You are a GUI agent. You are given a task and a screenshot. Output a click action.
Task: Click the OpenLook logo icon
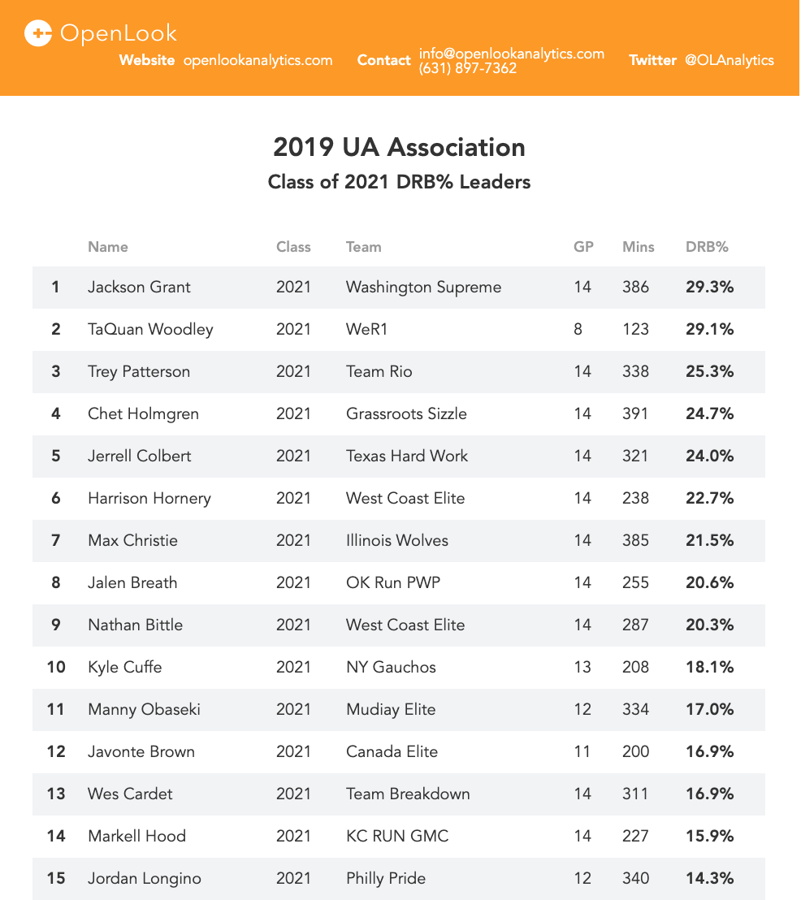(x=38, y=33)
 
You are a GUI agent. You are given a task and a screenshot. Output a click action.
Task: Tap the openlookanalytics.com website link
(x=258, y=60)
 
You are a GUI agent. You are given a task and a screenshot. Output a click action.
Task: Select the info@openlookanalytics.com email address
(x=512, y=54)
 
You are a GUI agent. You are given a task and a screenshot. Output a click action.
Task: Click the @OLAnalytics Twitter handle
(x=729, y=60)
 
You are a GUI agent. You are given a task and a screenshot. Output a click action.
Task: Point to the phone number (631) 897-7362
(x=468, y=69)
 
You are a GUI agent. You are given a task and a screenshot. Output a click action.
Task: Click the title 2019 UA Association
(x=399, y=148)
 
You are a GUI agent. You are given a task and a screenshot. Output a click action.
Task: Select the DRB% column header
(x=707, y=247)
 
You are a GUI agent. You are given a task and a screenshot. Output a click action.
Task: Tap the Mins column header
(x=638, y=247)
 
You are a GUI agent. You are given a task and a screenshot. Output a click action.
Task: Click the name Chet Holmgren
(x=143, y=413)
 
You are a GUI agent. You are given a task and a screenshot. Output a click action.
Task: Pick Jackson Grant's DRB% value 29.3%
(x=709, y=287)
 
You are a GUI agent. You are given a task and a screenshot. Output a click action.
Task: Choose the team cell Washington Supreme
(x=423, y=287)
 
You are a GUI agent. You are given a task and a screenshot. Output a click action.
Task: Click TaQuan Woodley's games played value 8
(x=578, y=329)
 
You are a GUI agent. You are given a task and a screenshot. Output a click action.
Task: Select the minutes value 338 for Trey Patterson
(x=635, y=371)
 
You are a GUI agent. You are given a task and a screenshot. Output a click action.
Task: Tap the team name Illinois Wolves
(x=396, y=540)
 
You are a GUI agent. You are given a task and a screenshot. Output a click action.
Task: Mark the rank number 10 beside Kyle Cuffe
(x=56, y=667)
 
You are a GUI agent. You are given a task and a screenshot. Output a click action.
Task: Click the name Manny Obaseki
(x=144, y=709)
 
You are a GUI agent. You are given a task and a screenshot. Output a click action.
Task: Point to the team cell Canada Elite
(x=392, y=751)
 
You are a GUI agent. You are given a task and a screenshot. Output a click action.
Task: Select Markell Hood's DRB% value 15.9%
(x=709, y=836)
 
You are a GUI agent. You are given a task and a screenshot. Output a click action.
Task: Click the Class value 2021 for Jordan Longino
(x=293, y=878)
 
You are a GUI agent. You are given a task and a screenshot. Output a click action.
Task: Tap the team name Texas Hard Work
(x=406, y=456)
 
